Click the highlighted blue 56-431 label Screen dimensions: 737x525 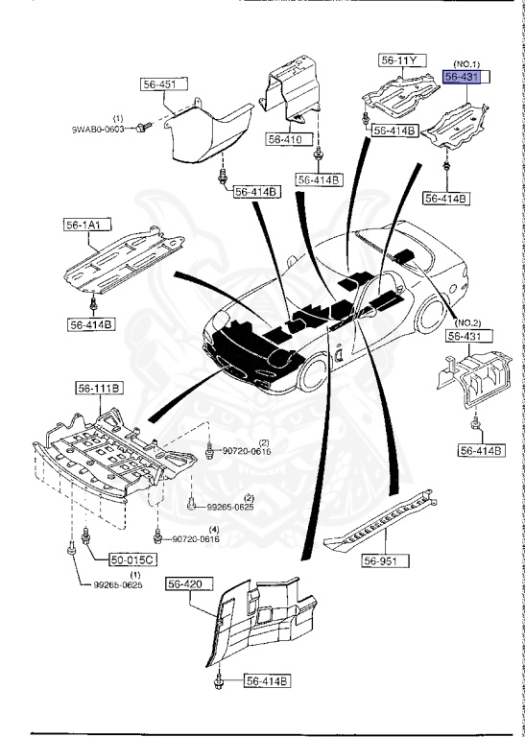click(465, 76)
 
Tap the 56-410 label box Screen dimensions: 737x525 click(284, 139)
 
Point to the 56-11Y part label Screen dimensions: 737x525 click(399, 60)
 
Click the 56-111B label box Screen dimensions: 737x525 click(100, 389)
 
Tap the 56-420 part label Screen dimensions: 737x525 click(187, 582)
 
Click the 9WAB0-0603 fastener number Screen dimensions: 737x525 click(100, 129)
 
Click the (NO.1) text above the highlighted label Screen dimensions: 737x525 click(467, 60)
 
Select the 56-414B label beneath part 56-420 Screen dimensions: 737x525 click(266, 681)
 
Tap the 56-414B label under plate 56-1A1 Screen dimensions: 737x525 click(91, 324)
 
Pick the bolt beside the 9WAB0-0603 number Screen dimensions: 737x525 click(142, 127)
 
